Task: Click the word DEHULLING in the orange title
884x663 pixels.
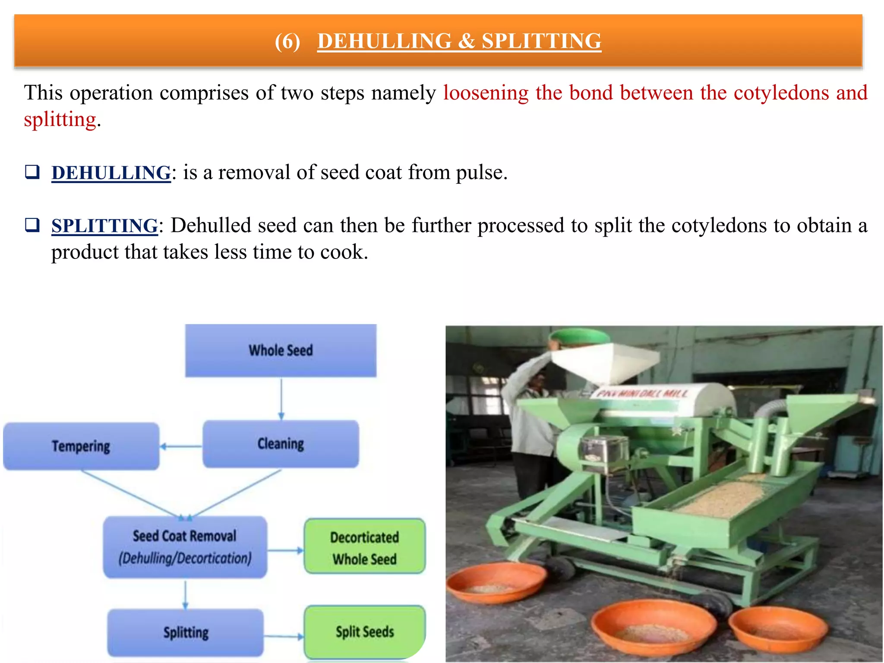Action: point(384,41)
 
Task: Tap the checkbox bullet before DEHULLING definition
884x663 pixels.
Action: point(32,172)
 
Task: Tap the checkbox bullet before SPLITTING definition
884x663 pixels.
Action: point(32,225)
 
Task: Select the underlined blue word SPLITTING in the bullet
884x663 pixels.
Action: point(104,226)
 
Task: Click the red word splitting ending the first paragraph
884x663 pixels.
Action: point(60,120)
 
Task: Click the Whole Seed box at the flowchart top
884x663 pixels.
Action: point(281,350)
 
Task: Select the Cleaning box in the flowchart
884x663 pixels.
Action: point(281,444)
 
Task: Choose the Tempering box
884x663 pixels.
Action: point(81,446)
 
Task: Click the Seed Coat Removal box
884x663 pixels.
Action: point(185,547)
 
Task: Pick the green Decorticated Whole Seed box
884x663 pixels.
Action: point(365,547)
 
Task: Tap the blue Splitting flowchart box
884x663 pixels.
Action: point(186,633)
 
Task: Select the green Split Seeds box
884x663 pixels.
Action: point(365,632)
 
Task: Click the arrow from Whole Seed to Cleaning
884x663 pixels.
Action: point(281,399)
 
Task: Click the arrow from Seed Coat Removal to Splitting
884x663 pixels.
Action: point(186,594)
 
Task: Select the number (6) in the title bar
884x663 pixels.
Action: point(287,42)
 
